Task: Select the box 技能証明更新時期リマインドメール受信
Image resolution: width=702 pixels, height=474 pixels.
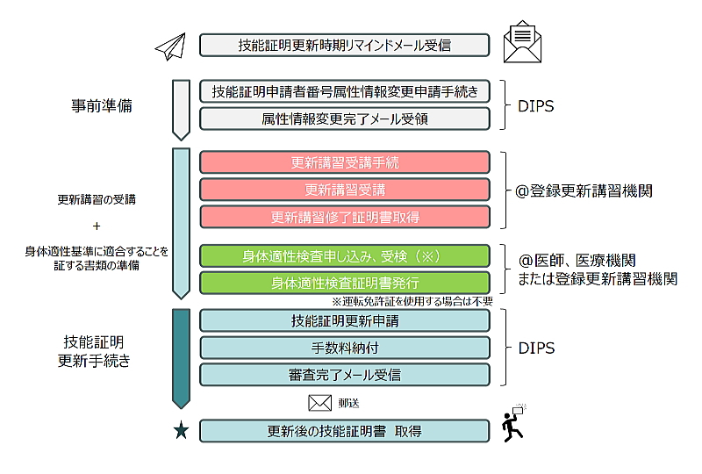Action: pyautogui.click(x=344, y=45)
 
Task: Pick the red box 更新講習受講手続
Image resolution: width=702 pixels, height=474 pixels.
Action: pyautogui.click(x=344, y=162)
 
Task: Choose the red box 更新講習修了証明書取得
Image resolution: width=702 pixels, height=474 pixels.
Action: pyautogui.click(x=344, y=217)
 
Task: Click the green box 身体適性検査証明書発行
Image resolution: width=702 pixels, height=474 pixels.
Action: pyautogui.click(x=344, y=284)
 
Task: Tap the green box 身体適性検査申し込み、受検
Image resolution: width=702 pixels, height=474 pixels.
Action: pyautogui.click(x=344, y=256)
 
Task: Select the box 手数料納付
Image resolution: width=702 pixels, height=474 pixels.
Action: pyautogui.click(x=344, y=348)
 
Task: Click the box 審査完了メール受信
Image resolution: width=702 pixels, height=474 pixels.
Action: pyautogui.click(x=344, y=375)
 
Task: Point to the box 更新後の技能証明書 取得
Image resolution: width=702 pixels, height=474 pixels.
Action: pyautogui.click(x=344, y=431)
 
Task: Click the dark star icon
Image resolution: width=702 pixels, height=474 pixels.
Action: pyautogui.click(x=181, y=431)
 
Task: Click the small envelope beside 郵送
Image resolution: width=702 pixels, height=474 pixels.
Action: pyautogui.click(x=319, y=403)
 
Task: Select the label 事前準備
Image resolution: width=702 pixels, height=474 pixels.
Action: pyautogui.click(x=102, y=105)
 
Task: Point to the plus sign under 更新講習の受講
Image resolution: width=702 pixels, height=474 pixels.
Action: pyautogui.click(x=97, y=226)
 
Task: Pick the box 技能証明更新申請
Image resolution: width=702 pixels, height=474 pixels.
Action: pyautogui.click(x=344, y=320)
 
